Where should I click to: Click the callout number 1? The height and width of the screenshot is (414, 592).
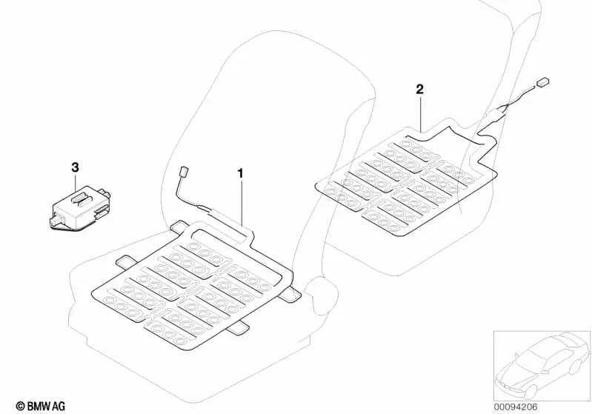coord(240,173)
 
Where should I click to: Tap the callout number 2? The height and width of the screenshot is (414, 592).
coord(419,90)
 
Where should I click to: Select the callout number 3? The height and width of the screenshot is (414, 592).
coord(75,168)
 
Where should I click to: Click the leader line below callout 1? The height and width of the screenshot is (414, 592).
coord(242,200)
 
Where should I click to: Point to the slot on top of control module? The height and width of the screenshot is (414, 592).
coord(82,196)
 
